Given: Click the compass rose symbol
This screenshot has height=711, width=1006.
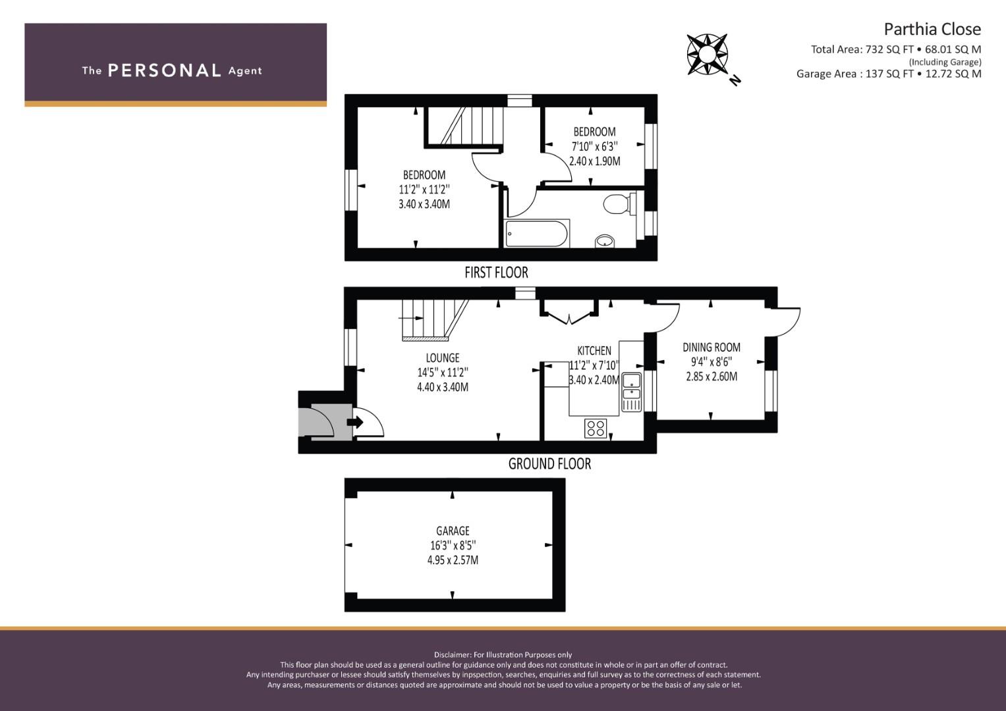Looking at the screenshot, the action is (707, 54).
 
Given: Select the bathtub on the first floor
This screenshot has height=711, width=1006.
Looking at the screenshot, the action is (537, 234).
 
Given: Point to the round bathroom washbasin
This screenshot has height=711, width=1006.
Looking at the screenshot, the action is (605, 241).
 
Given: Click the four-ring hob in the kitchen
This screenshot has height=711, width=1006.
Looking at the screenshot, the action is (596, 428).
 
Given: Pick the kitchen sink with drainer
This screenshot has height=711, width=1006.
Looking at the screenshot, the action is (631, 392).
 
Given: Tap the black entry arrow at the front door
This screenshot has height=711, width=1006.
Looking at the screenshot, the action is (355, 422).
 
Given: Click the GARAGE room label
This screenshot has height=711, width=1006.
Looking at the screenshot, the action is (453, 531).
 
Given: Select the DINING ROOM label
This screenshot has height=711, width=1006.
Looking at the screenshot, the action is (712, 347).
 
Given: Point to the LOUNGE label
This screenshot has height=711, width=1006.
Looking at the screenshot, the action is (442, 357).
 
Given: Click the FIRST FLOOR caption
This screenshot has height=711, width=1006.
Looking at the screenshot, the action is (496, 273).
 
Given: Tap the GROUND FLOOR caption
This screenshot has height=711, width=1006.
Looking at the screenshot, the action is (549, 463).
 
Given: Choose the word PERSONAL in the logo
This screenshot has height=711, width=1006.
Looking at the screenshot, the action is (165, 70).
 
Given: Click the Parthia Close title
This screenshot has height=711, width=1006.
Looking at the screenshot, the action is (932, 29).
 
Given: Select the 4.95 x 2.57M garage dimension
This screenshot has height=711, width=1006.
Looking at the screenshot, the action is (453, 560).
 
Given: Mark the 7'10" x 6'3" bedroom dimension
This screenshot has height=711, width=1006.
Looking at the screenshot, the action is (595, 146).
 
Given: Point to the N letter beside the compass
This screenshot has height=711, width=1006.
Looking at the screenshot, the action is (735, 80).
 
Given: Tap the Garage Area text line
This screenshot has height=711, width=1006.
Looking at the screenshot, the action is (889, 74).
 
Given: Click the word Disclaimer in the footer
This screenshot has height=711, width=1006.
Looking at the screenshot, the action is (453, 655).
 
